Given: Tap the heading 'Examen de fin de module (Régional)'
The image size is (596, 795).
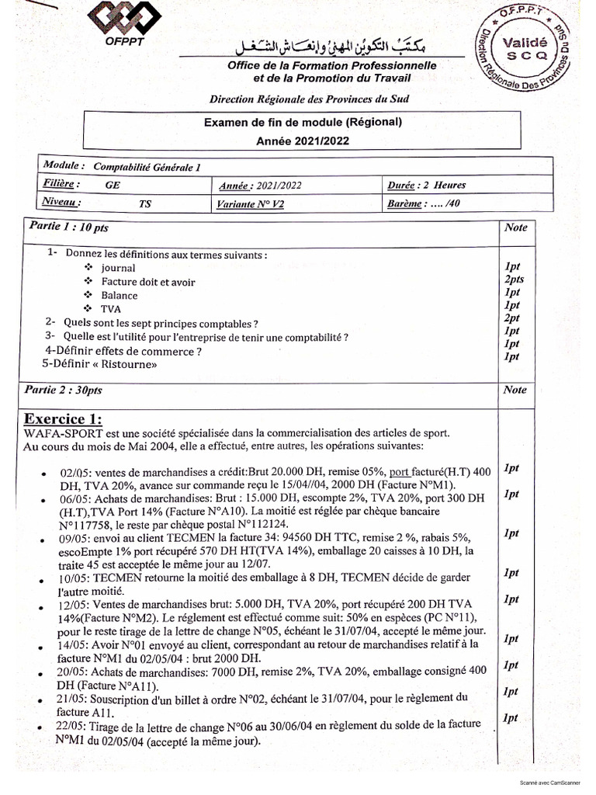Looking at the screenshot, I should (x=303, y=122).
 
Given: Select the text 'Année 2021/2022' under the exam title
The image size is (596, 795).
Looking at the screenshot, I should (x=303, y=141).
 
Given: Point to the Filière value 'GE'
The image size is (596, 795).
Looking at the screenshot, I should (x=113, y=186).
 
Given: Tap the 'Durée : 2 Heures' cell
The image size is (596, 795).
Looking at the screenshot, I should (x=426, y=186).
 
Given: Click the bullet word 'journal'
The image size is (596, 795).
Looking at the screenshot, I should (x=118, y=268).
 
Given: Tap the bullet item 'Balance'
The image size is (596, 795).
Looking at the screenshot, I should (x=120, y=295).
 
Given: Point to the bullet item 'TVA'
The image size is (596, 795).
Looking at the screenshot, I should (x=111, y=308).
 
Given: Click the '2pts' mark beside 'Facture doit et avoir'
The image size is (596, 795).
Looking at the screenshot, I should (x=514, y=279).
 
